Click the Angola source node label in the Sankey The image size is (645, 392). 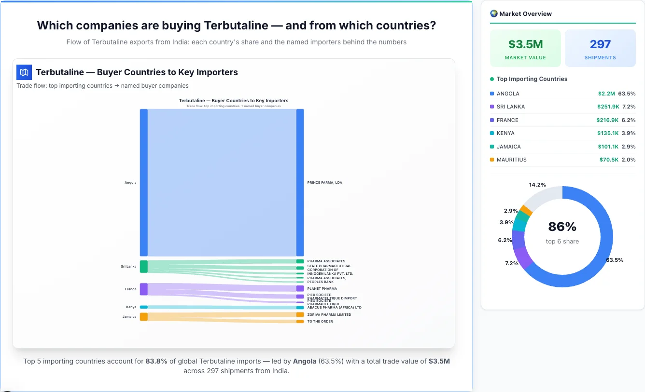click(x=130, y=183)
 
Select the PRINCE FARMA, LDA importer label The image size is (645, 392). click(x=324, y=183)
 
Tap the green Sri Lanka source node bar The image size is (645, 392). click(x=144, y=267)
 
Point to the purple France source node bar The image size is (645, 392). click(x=144, y=289)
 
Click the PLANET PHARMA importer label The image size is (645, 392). click(x=322, y=289)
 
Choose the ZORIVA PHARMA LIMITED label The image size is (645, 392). click(x=329, y=315)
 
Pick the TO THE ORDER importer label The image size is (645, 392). click(x=320, y=322)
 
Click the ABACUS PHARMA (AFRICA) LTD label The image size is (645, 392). click(x=334, y=307)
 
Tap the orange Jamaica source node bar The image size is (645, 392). click(x=144, y=316)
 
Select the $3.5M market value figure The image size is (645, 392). click(x=525, y=44)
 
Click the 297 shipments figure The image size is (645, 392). click(x=600, y=44)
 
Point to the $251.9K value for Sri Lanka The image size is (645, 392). click(x=607, y=107)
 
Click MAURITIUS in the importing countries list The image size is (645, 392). click(x=511, y=160)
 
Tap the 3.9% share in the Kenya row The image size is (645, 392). click(x=629, y=133)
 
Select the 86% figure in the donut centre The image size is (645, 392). click(x=562, y=227)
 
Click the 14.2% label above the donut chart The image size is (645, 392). click(x=537, y=185)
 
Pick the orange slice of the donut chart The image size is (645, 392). click(x=526, y=210)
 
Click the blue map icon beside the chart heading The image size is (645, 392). click(x=24, y=72)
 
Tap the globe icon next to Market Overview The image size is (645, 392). click(x=493, y=14)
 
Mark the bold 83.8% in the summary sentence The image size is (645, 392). click(x=156, y=361)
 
